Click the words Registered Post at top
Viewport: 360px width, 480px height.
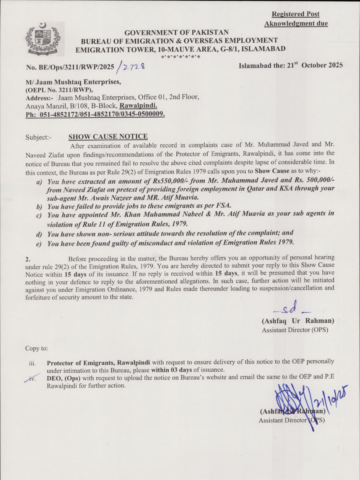[x=296, y=14]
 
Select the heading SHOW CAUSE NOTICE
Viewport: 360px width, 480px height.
[x=108, y=137]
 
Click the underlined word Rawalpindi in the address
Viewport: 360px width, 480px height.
[x=138, y=106]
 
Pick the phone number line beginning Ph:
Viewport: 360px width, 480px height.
[x=95, y=114]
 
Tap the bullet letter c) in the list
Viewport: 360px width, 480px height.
[x=39, y=215]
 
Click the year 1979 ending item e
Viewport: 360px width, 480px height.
[x=284, y=242]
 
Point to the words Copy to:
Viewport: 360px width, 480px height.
[x=37, y=348]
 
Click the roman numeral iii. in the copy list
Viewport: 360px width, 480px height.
[x=32, y=364]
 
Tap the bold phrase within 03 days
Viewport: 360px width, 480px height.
[x=172, y=370]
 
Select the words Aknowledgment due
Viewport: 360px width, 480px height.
[x=296, y=24]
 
